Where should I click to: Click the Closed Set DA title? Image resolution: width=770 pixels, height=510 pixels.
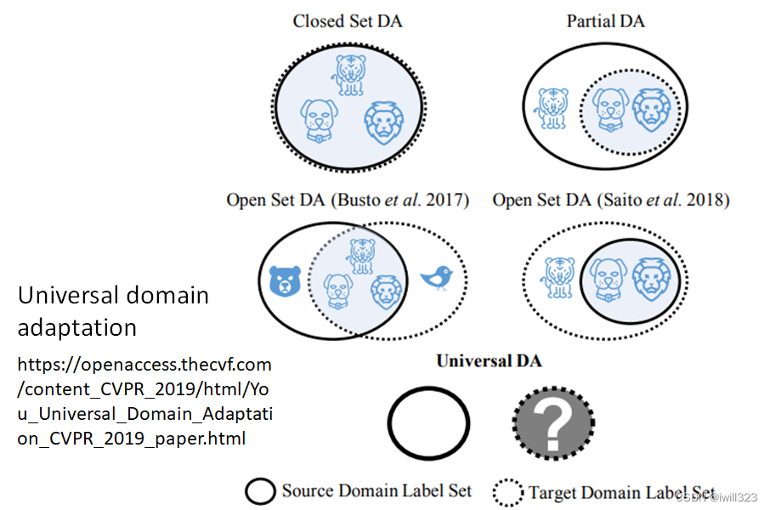[347, 21]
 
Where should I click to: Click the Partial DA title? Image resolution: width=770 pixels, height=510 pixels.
[605, 21]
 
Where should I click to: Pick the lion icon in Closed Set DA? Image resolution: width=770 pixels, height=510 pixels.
[380, 123]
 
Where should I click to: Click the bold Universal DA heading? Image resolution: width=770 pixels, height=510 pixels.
[489, 361]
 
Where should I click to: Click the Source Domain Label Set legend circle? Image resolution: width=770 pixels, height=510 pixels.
[260, 490]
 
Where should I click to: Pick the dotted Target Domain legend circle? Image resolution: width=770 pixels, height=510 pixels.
[508, 492]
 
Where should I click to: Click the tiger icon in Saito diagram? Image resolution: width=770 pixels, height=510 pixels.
[558, 277]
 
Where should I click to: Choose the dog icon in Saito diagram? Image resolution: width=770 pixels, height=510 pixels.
[609, 278]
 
